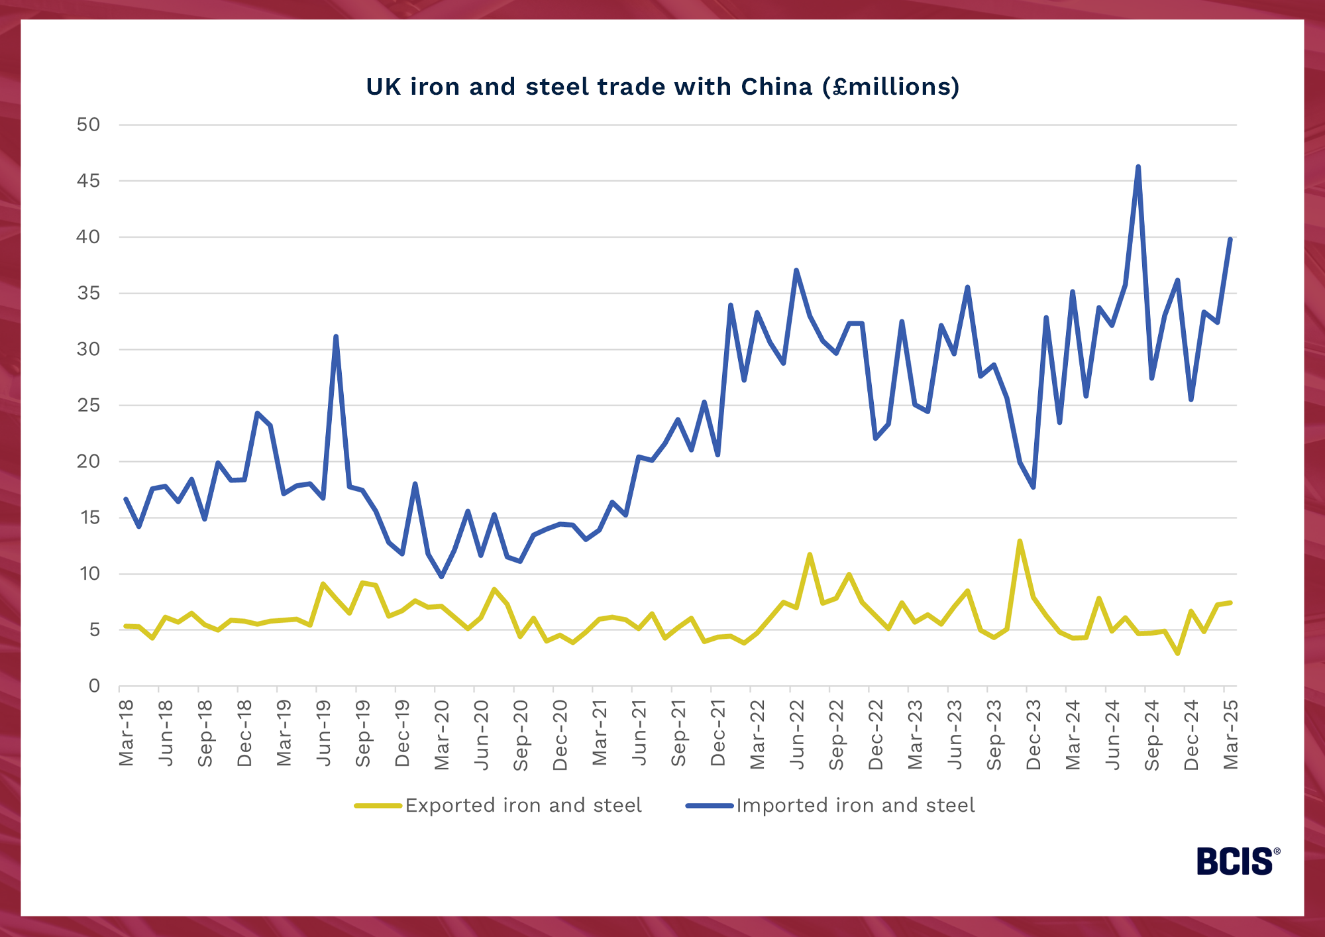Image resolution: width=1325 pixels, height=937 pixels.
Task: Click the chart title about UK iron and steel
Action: point(662,87)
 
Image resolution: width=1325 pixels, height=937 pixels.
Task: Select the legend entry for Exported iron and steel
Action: point(523,805)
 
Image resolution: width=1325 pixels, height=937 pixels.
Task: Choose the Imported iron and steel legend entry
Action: point(855,805)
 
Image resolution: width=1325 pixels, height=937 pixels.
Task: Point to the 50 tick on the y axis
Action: point(88,125)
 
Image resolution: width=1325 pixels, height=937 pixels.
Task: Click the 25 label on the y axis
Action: point(88,406)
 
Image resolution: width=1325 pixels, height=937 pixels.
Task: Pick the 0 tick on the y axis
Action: point(94,686)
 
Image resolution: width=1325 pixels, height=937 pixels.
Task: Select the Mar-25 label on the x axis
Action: point(1230,734)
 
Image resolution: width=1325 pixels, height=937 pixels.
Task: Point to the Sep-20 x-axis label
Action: point(521,735)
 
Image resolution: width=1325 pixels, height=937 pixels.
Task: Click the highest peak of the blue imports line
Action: point(1138,167)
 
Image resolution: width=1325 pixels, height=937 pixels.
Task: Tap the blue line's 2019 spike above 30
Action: point(336,337)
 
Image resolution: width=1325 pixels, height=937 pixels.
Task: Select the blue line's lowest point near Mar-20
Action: point(442,577)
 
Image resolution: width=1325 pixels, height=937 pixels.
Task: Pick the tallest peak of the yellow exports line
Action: point(1020,541)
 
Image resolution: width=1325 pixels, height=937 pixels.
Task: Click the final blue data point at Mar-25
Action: point(1230,239)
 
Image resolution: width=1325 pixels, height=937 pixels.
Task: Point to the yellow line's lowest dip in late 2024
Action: point(1177,653)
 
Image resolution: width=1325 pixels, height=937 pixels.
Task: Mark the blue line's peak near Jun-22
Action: point(796,270)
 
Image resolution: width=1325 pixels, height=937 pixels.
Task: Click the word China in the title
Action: point(776,87)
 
